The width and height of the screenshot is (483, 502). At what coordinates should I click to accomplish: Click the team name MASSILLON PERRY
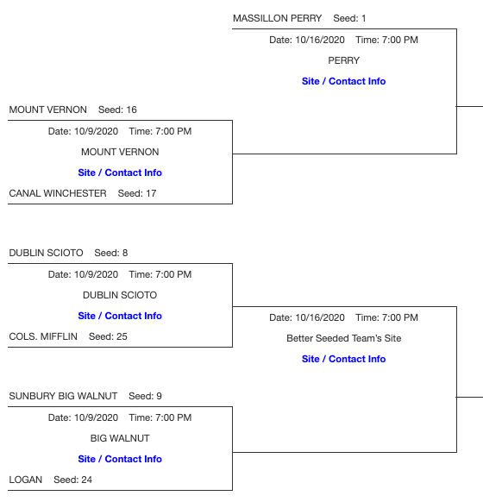point(277,18)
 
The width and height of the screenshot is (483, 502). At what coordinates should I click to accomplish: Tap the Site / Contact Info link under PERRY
point(343,81)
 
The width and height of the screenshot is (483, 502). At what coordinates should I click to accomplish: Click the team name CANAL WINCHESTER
point(58,193)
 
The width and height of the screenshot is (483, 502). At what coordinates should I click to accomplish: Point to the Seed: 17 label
point(137,193)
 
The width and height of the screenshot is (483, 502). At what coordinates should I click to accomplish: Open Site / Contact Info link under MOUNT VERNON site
point(120,173)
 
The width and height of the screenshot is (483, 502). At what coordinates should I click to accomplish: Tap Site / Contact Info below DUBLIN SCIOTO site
point(120,316)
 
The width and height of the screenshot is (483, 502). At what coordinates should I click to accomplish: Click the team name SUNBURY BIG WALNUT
point(63,396)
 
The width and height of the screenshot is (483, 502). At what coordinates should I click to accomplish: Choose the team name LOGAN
point(25,480)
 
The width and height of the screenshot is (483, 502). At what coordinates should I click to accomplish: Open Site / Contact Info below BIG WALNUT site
point(120,459)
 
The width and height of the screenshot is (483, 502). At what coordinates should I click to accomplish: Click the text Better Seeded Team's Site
point(343,338)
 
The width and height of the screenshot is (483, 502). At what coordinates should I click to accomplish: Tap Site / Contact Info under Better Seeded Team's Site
point(343,359)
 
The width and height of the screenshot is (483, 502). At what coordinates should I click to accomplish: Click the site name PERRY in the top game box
point(343,60)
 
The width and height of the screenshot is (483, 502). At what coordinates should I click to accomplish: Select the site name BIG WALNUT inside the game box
point(120,438)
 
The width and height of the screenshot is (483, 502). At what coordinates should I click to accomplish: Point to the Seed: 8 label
point(110,253)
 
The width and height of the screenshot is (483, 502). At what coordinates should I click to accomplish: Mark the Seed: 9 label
point(145,396)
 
